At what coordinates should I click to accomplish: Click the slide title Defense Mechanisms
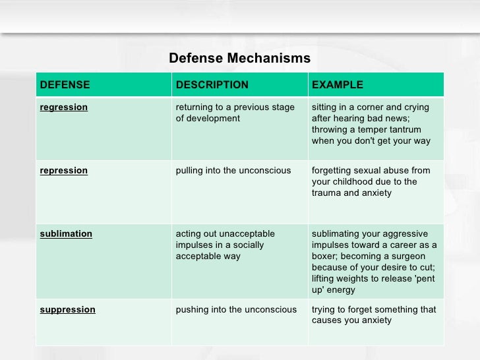pyautogui.click(x=239, y=59)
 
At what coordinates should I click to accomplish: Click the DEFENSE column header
pyautogui.click(x=65, y=85)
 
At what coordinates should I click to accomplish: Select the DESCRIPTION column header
pyautogui.click(x=212, y=85)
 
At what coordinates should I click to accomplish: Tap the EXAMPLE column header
pyautogui.click(x=337, y=85)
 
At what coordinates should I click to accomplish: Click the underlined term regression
pyautogui.click(x=64, y=107)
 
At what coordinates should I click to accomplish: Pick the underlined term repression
pyautogui.click(x=64, y=171)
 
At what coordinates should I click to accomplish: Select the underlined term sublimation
pyautogui.click(x=66, y=234)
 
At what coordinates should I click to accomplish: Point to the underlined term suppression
pyautogui.click(x=68, y=310)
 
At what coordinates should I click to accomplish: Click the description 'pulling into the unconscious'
pyautogui.click(x=233, y=171)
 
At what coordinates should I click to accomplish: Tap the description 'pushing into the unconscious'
pyautogui.click(x=236, y=310)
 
